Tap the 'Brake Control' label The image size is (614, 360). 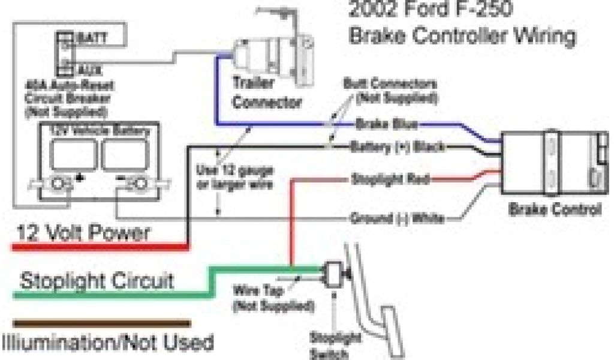554,210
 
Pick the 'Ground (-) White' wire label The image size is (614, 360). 397,219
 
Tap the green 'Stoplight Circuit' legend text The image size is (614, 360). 96,280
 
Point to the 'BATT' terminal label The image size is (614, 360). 90,39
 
